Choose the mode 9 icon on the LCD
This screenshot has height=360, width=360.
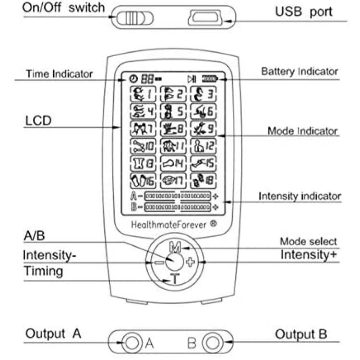pyautogui.click(x=203, y=129)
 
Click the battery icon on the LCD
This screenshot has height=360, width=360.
pyautogui.click(x=210, y=79)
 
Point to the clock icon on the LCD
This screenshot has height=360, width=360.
pyautogui.click(x=132, y=79)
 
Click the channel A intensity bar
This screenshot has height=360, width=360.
pyautogui.click(x=178, y=196)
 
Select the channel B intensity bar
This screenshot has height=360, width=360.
pyautogui.click(x=178, y=207)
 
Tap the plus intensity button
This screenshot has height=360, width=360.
pyautogui.click(x=191, y=262)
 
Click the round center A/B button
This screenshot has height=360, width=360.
pyautogui.click(x=173, y=262)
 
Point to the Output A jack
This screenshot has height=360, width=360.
pyautogui.click(x=131, y=343)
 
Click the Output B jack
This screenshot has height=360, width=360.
pyautogui.click(x=210, y=343)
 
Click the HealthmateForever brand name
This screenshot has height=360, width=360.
pyautogui.click(x=169, y=224)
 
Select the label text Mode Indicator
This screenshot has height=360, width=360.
pyautogui.click(x=302, y=131)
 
